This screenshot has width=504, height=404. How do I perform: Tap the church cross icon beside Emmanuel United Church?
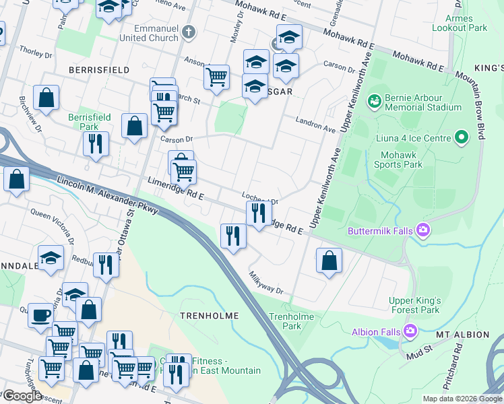click(x=189, y=32)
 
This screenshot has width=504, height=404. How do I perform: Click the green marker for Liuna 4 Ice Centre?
click(x=461, y=138)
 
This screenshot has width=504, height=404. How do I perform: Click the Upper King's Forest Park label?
click(x=414, y=305)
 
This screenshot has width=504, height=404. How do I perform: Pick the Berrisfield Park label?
click(x=89, y=122)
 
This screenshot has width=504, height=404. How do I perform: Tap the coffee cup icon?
click(x=41, y=314)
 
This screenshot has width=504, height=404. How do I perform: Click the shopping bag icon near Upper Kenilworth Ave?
click(x=328, y=261)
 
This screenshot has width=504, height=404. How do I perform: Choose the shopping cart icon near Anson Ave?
click(x=216, y=76)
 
